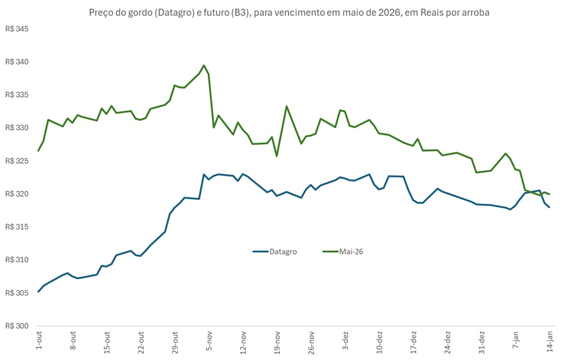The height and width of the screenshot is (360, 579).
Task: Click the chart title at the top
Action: coord(289,13)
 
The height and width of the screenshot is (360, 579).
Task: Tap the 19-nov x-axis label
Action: coord(277,342)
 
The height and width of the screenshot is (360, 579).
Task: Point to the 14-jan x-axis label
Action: coord(550,341)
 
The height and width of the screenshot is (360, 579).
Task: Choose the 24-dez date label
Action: coord(447,342)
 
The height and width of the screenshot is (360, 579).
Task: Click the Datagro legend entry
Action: coord(275,251)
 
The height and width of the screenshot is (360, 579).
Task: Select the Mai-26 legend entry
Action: coord(343,251)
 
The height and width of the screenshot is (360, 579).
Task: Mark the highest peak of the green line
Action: coord(204,65)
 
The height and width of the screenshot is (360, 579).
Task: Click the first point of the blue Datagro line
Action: coord(38,292)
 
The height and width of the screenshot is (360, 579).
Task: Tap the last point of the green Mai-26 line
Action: coord(549,194)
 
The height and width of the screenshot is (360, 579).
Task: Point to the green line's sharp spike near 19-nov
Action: coord(286,106)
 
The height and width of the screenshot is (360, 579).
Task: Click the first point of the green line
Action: coord(38,151)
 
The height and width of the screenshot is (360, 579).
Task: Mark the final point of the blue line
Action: coord(549,207)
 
